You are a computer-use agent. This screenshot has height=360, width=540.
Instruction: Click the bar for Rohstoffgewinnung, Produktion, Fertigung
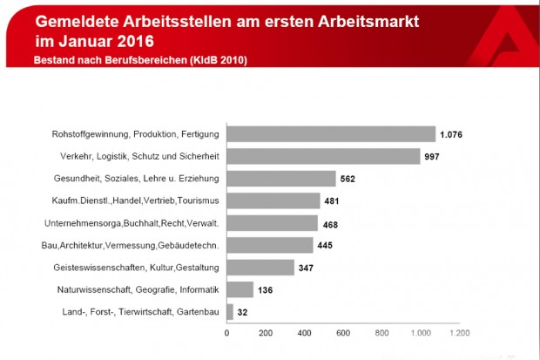click(x=331, y=134)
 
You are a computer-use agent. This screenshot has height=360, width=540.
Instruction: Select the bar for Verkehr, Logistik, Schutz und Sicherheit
click(x=323, y=156)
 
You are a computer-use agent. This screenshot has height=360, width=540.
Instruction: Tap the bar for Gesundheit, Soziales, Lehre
click(x=281, y=179)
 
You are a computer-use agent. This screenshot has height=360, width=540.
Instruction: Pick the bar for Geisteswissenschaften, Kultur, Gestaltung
click(x=260, y=267)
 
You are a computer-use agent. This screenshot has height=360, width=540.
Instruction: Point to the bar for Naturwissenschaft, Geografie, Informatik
click(x=240, y=289)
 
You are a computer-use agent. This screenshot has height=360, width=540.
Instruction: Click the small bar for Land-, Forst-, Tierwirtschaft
click(x=230, y=311)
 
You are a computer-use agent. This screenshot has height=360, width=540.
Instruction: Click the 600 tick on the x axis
click(x=343, y=332)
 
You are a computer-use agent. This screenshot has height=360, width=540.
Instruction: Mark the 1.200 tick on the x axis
click(x=458, y=332)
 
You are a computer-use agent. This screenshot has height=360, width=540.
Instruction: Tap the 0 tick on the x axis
click(x=227, y=332)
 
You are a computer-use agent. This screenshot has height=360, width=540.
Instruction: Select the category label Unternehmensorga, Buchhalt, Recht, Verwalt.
click(x=131, y=222)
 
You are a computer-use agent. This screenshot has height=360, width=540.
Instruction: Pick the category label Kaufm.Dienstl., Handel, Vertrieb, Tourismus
click(x=132, y=200)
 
